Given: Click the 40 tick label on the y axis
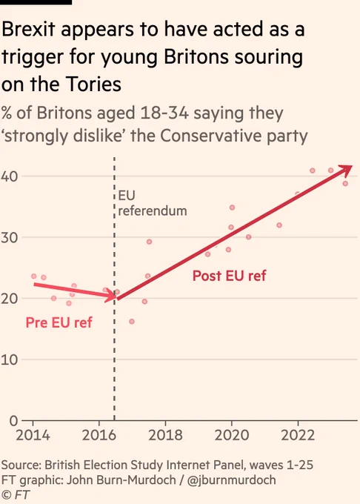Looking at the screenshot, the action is [10, 176].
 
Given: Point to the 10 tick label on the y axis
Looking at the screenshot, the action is [10, 359].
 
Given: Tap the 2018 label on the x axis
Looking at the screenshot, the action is [165, 435].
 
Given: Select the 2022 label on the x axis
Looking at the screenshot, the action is [298, 435].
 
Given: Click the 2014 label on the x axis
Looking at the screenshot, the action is [33, 435].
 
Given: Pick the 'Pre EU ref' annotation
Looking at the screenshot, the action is [59, 322].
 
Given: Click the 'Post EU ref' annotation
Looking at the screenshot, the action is [230, 276].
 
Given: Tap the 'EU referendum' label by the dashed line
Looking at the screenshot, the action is [153, 203].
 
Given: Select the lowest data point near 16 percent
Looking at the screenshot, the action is [132, 322].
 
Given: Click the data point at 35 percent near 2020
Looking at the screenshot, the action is [232, 208].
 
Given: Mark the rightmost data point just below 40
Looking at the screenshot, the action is [345, 184].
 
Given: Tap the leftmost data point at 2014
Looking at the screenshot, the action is [34, 276].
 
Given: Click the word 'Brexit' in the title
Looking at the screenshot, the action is [28, 29].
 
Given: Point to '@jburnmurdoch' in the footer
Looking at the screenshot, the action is [231, 480].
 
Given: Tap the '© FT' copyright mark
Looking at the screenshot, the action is [16, 494].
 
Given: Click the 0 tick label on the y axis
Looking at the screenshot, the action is [13, 420].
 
